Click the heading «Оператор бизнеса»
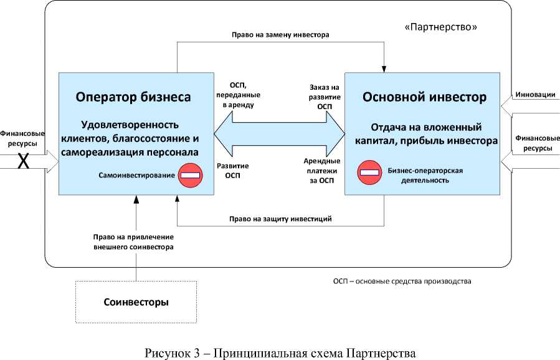coord(133,97)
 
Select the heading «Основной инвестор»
coord(425,98)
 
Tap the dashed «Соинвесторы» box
coord(136,302)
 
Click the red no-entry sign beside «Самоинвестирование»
coord(189,175)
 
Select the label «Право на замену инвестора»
coord(280,35)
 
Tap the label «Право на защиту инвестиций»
coord(280,219)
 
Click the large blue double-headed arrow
coord(279,133)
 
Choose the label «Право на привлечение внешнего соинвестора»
coord(133,242)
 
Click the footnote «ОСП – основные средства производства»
coord(402,281)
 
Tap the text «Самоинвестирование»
coord(136,176)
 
